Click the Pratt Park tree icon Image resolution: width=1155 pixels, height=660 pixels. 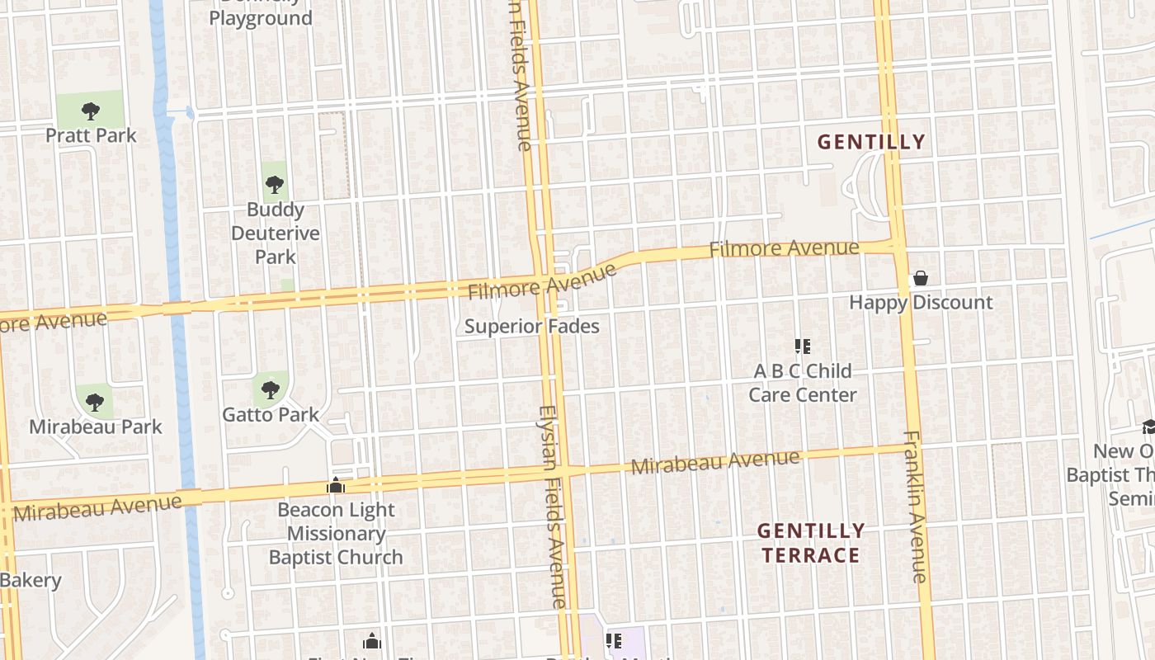coord(91,110)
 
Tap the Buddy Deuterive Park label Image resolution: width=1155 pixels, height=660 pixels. coord(275,233)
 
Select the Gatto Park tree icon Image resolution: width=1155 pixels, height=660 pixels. coord(271,389)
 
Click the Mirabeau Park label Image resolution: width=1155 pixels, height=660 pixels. coord(96,427)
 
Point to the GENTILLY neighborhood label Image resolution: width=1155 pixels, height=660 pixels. coord(871,142)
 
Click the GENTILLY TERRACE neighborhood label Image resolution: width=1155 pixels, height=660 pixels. coord(811,543)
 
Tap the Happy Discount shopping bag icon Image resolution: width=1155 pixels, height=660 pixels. coord(920,279)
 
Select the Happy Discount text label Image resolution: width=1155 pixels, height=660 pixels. coord(921,303)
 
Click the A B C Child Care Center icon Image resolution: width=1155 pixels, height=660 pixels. coord(802,346)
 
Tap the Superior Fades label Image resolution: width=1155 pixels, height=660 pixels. coord(531,327)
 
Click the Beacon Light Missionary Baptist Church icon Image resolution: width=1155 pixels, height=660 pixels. coord(336,486)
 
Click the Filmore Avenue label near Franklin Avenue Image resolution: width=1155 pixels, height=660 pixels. coord(785,248)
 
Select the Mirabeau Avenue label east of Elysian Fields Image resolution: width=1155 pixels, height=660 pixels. coord(715,463)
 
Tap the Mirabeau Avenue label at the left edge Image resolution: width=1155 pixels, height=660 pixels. coord(97,507)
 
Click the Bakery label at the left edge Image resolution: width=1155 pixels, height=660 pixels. coord(31,580)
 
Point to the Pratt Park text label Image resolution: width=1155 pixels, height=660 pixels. coord(91,135)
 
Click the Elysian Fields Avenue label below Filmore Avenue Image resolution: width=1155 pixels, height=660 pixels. coord(553,507)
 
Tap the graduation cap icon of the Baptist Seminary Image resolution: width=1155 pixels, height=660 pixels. coord(1148,427)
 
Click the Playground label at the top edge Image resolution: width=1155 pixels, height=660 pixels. coord(261,17)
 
